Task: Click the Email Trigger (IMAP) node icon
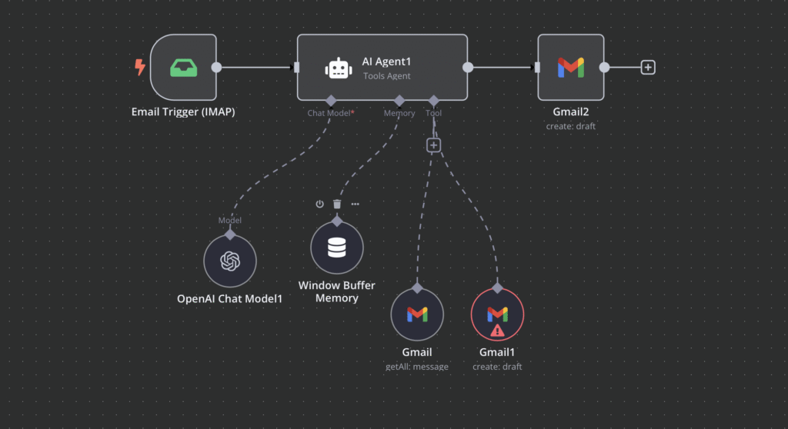(182, 67)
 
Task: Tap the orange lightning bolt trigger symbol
(140, 68)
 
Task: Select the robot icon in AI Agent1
(339, 68)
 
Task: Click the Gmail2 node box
(570, 67)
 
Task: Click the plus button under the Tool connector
(434, 145)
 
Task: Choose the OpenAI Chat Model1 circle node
(229, 261)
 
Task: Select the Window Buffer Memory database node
(337, 248)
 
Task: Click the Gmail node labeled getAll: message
(417, 314)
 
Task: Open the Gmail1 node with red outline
(497, 314)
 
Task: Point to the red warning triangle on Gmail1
(497, 331)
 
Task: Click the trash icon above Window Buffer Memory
(337, 204)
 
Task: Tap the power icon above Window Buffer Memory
(319, 204)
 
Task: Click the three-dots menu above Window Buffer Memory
(355, 204)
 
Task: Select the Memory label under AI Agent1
(399, 113)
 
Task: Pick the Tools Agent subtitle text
(387, 75)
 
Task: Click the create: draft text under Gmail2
(570, 126)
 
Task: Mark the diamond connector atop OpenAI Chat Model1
(229, 233)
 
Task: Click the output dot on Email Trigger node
(217, 67)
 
